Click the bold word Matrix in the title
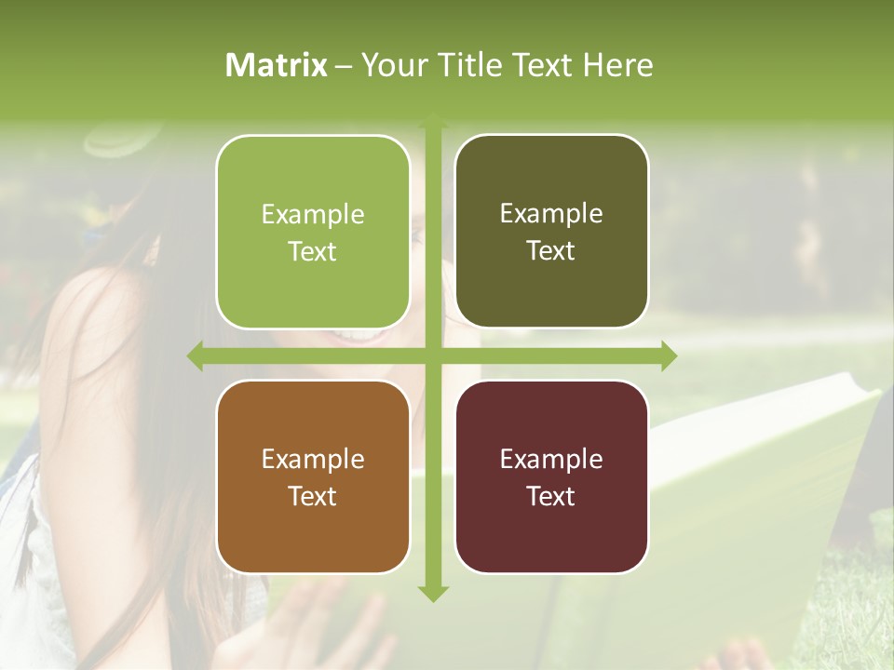click(x=277, y=65)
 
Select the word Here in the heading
click(x=617, y=65)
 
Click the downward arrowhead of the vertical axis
click(x=432, y=593)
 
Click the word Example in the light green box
click(x=313, y=215)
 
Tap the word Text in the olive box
click(x=551, y=251)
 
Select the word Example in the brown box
click(x=313, y=460)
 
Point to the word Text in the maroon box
click(x=551, y=496)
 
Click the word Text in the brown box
click(x=313, y=496)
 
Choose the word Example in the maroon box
click(x=551, y=460)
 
